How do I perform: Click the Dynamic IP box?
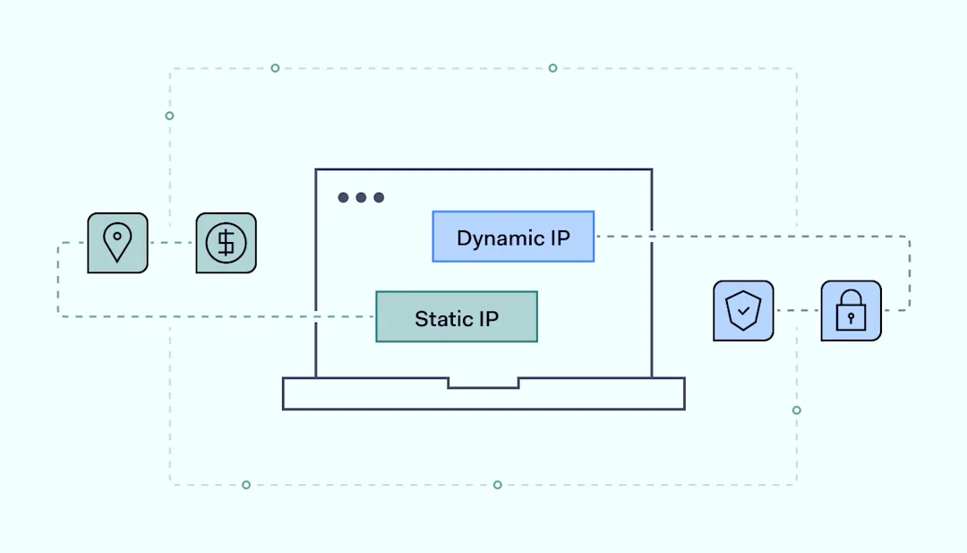(x=513, y=237)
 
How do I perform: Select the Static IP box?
(x=457, y=316)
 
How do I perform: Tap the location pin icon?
(x=117, y=243)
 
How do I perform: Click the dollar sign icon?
(x=226, y=243)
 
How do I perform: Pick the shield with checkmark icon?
(x=743, y=311)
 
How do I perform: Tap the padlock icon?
(x=851, y=311)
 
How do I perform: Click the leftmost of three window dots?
(x=343, y=197)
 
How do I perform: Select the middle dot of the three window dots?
(x=361, y=197)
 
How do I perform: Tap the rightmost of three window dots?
(x=379, y=197)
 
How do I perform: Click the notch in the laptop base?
(x=483, y=383)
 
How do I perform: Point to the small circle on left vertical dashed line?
(x=169, y=116)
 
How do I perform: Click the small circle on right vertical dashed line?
(x=796, y=410)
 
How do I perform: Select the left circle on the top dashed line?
(x=275, y=68)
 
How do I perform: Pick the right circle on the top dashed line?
(x=552, y=68)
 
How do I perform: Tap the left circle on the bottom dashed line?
(x=246, y=485)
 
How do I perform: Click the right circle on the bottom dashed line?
(x=497, y=485)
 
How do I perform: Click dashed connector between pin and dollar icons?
(x=172, y=243)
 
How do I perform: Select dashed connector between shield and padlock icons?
(x=797, y=311)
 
